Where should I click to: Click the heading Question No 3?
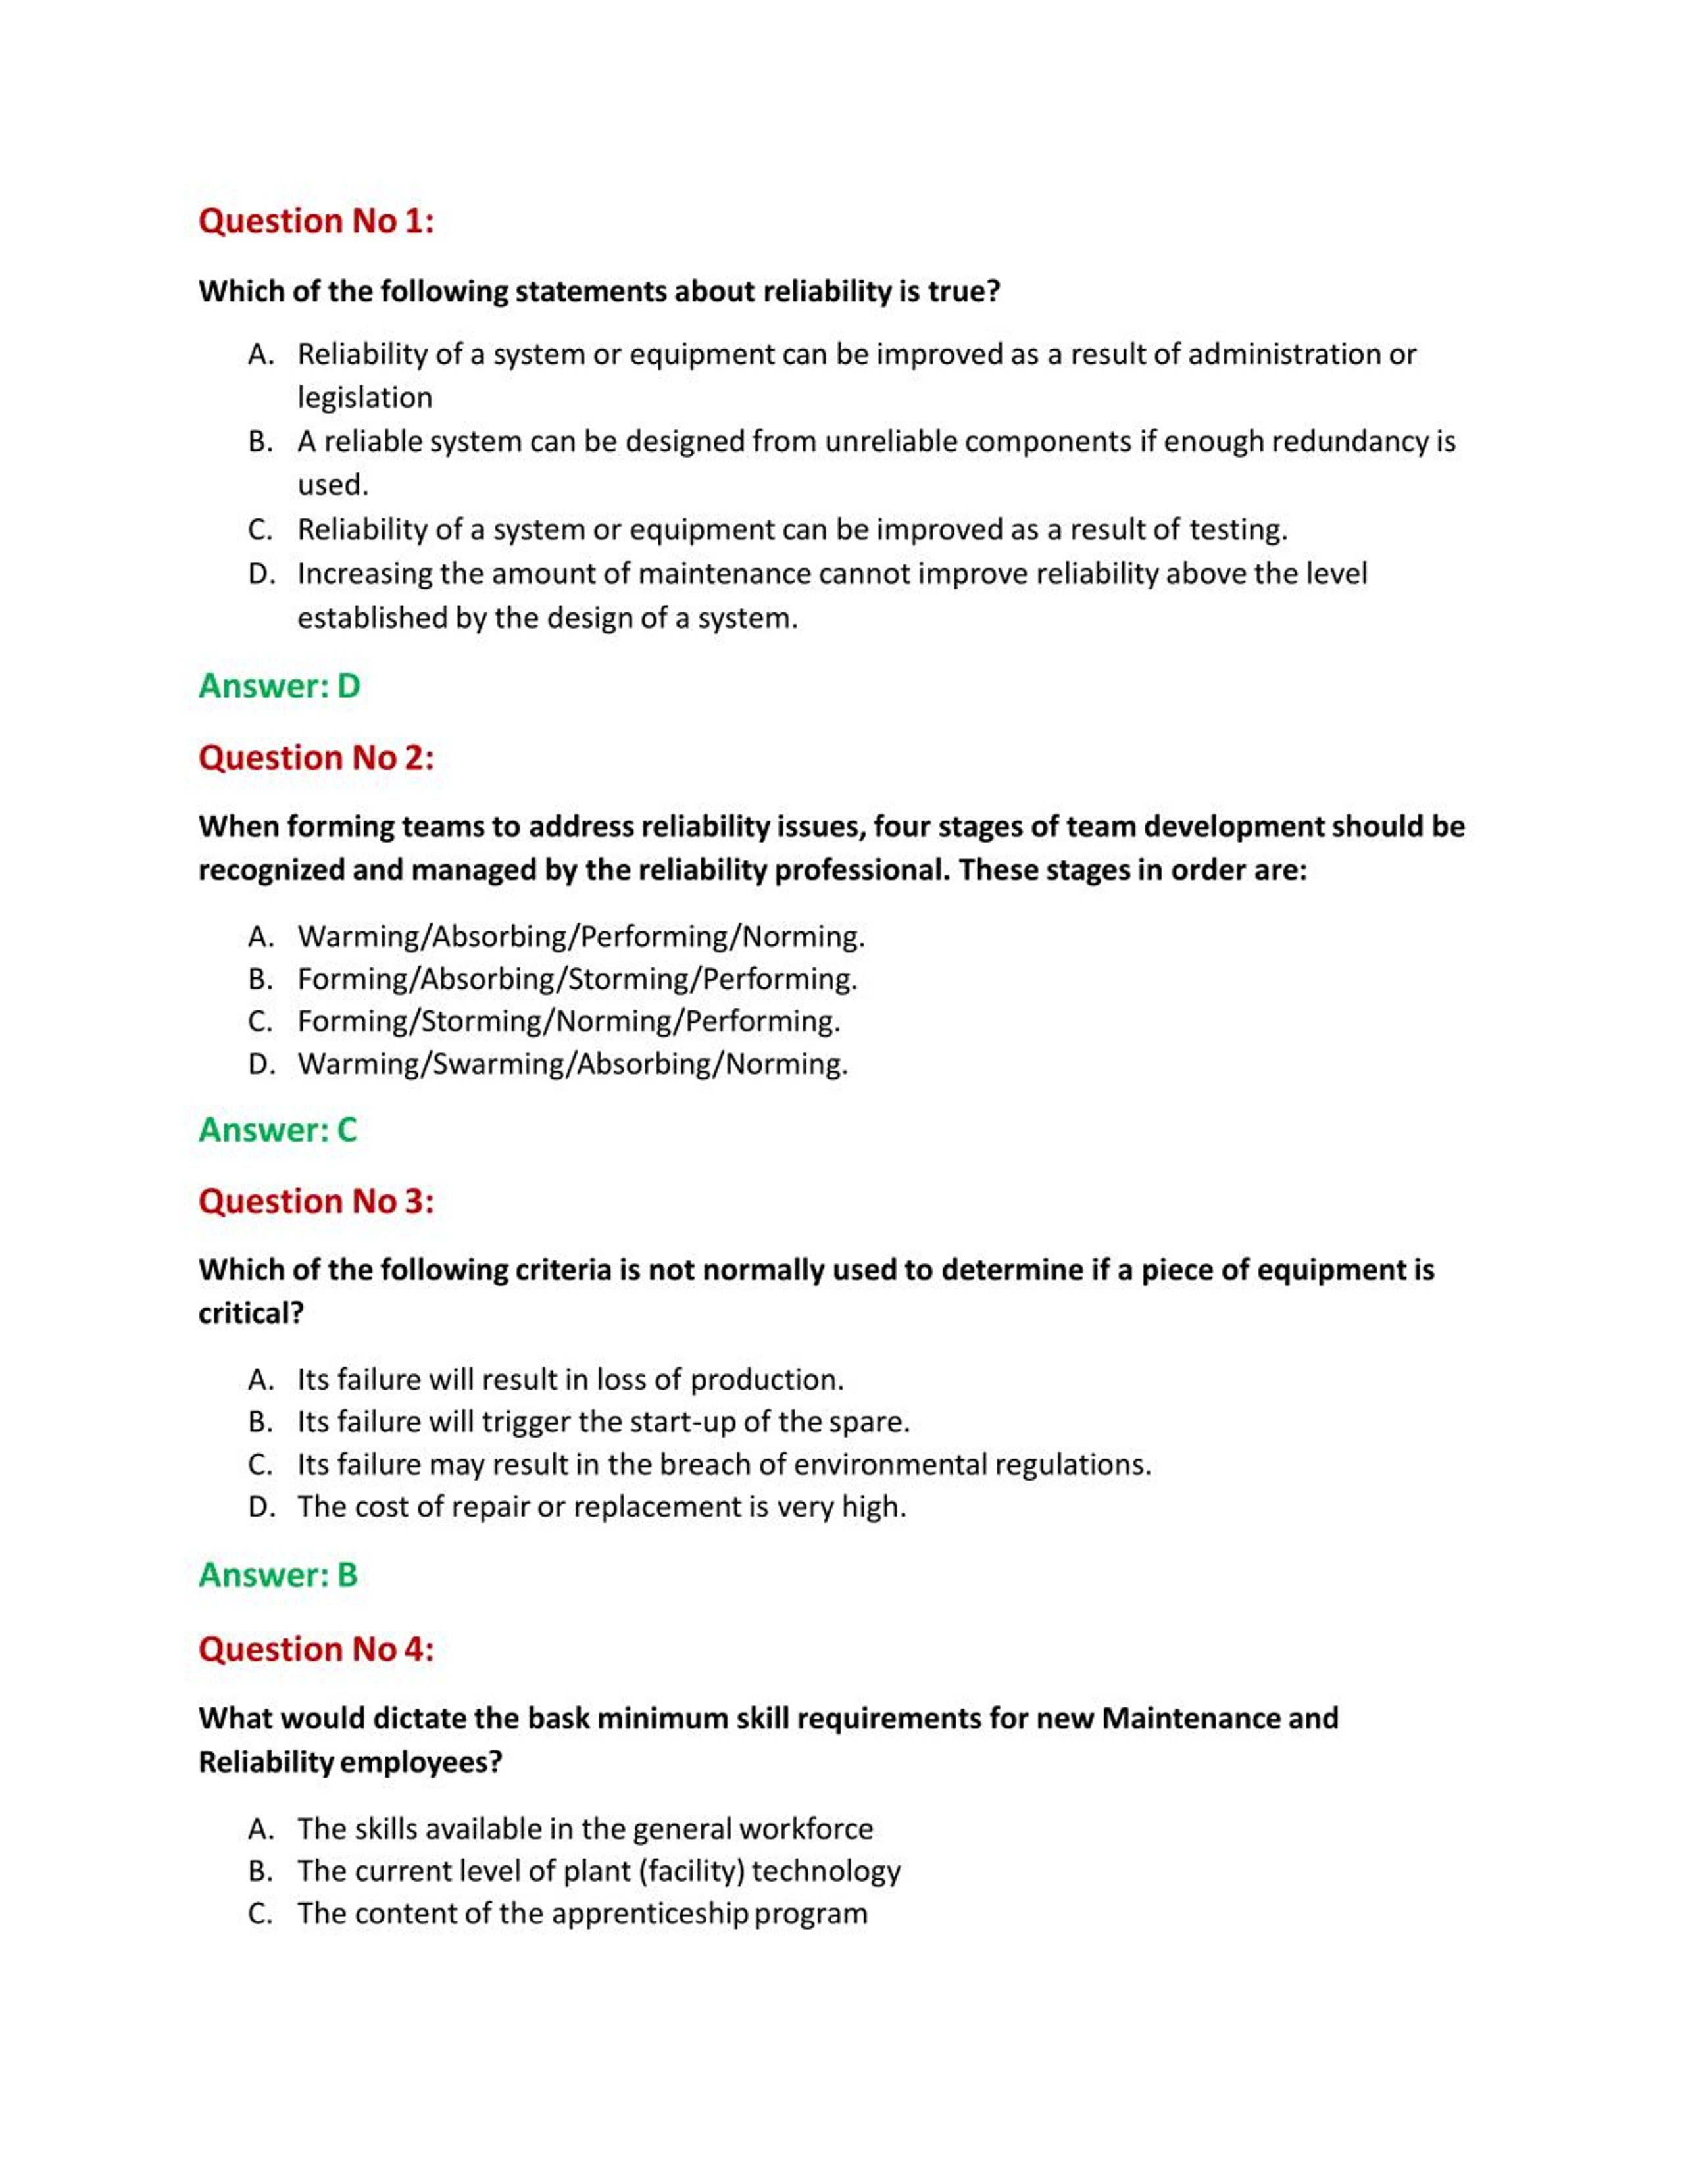point(316,1200)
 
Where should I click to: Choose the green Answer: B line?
point(278,1575)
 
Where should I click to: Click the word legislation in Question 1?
point(365,398)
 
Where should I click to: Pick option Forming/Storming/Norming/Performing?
point(568,1021)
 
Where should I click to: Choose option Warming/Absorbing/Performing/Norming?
point(581,936)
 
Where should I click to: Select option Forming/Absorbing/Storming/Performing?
point(577,979)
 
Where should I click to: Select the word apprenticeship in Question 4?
point(649,1913)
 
